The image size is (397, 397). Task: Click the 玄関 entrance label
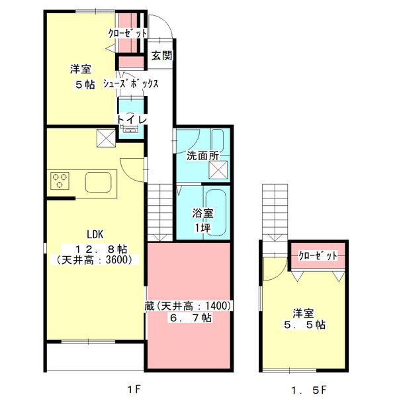[x=162, y=56]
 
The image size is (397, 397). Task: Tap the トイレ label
[x=132, y=120]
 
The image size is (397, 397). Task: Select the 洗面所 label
[x=202, y=155]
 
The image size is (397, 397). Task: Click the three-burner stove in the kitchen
[x=60, y=181]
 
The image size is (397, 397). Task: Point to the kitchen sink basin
[x=98, y=183]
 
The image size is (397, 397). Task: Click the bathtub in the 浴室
[x=216, y=213]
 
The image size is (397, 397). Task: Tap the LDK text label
[x=95, y=235]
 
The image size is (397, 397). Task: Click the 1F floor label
[x=134, y=389]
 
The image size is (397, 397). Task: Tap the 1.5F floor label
[x=309, y=390]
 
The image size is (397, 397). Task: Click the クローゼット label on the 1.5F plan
[x=318, y=256]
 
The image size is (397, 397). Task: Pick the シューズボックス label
[x=130, y=83]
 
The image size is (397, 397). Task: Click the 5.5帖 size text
[x=305, y=325]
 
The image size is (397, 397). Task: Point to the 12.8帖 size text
[x=101, y=249]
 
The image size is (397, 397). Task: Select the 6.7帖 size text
[x=191, y=318]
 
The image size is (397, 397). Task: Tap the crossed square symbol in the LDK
[x=106, y=138]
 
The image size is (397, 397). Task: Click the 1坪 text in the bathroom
[x=202, y=228]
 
